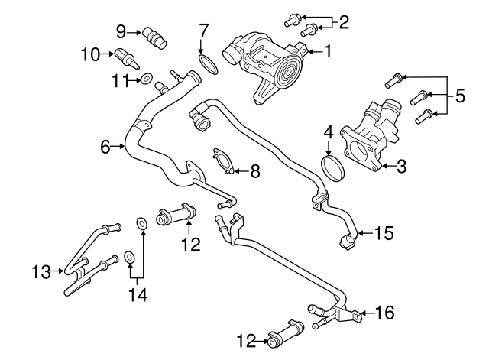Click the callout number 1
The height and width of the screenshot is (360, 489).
(x=328, y=52)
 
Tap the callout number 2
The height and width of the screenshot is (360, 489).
(x=343, y=22)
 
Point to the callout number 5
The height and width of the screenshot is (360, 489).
(x=459, y=96)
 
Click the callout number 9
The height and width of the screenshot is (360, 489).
(x=121, y=31)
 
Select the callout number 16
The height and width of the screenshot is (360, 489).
(x=386, y=313)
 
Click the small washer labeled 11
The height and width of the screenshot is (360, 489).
(x=144, y=78)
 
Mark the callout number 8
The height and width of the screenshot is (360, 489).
(x=254, y=171)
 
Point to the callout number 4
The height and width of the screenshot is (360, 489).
(x=328, y=132)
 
